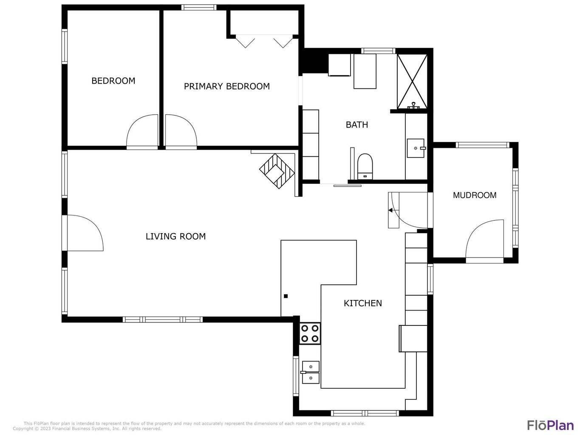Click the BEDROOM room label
click(x=113, y=81)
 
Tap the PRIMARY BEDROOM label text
click(x=226, y=86)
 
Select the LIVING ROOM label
click(x=175, y=236)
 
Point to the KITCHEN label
click(x=362, y=303)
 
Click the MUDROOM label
click(x=474, y=195)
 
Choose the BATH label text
click(x=356, y=124)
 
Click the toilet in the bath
click(x=365, y=166)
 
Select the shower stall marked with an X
click(x=412, y=80)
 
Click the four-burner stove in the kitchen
click(x=310, y=333)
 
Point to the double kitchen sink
click(x=311, y=372)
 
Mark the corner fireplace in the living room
click(x=277, y=171)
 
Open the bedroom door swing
click(x=143, y=132)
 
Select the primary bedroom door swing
click(x=181, y=132)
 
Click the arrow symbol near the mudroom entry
click(x=390, y=210)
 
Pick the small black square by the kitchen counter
click(x=286, y=296)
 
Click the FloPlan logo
click(x=550, y=425)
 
